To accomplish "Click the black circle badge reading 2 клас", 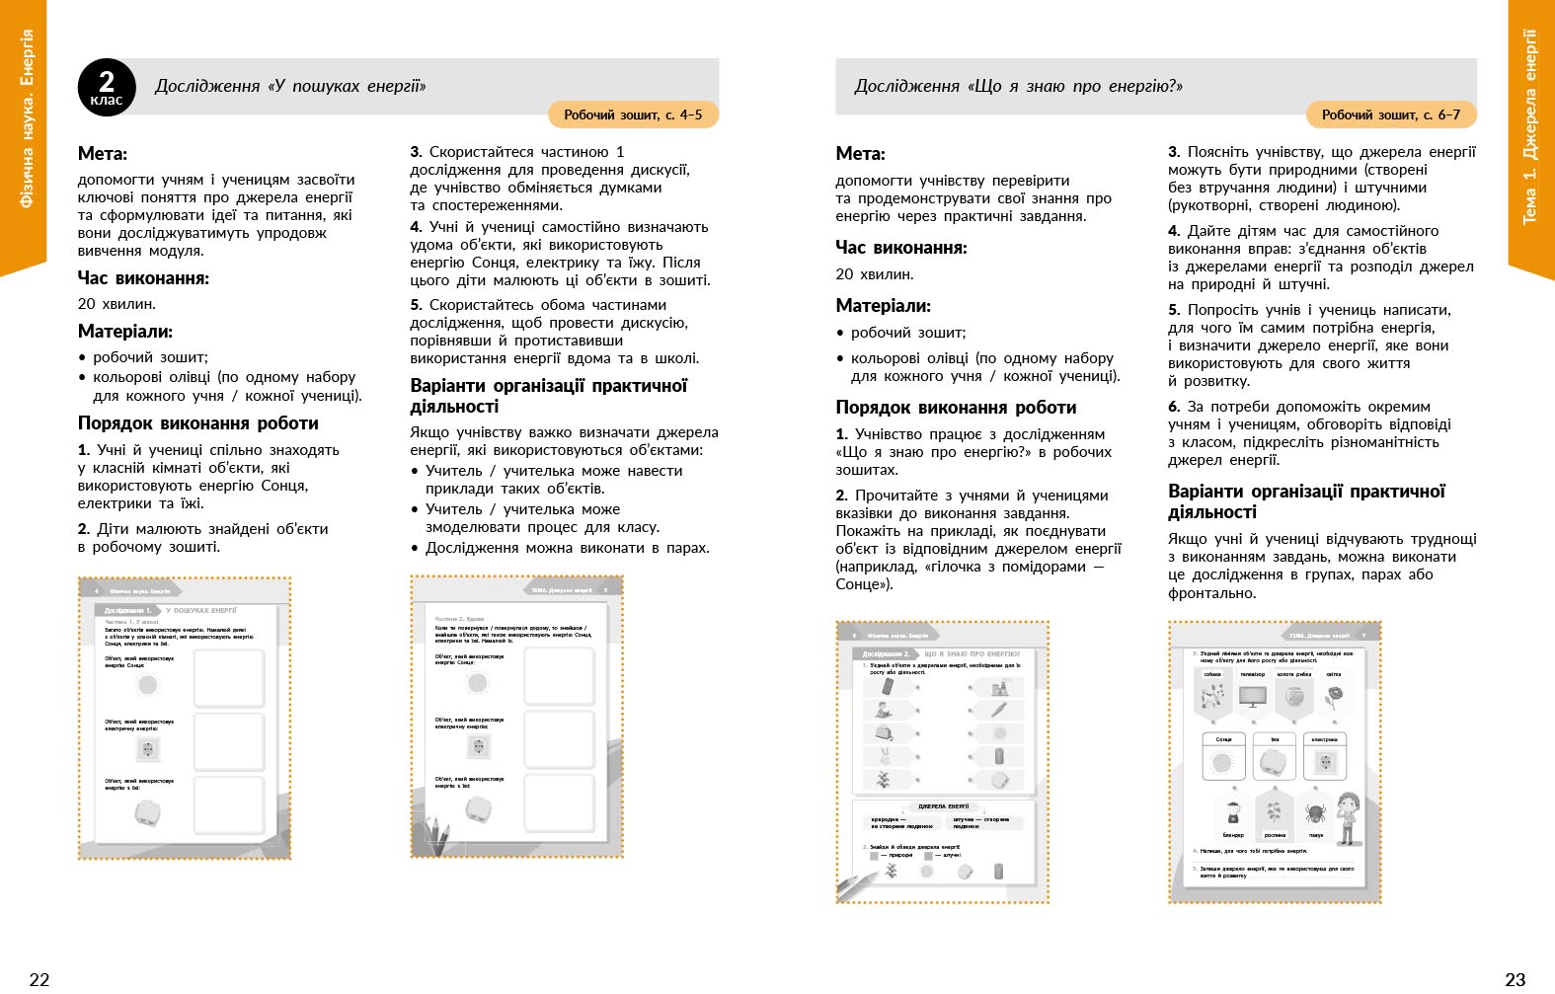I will (x=107, y=87).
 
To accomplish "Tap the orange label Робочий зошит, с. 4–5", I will (x=633, y=115).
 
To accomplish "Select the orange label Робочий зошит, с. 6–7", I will (x=1390, y=115).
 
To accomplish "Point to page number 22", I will (x=39, y=979).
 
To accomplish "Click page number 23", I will (x=1515, y=979).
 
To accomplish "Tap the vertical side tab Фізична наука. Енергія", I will (x=26, y=118).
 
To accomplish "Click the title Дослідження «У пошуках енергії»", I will (x=290, y=87).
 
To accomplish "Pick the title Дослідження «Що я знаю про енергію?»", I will (x=1018, y=87).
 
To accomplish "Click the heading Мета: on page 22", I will (x=103, y=154).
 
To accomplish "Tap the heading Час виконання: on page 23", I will (x=901, y=248).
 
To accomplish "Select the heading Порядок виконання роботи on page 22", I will (x=198, y=423).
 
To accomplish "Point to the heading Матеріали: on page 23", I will (x=883, y=306).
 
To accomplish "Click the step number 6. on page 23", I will (x=1174, y=407).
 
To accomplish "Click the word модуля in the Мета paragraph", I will (x=182, y=251).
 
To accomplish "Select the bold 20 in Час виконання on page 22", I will (x=87, y=304).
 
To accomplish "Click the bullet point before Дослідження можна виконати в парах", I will (x=416, y=548).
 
